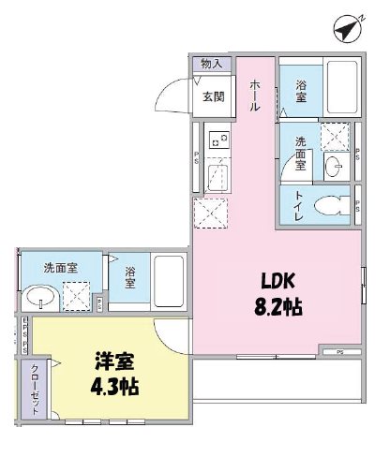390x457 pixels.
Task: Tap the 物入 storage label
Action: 211,64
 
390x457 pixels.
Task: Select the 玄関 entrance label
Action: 212,96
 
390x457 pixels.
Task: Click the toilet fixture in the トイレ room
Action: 329,206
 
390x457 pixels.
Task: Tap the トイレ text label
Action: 298,205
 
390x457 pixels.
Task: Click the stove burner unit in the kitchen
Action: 219,141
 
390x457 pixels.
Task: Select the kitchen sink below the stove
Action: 217,174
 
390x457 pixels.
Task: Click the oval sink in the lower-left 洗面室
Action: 38,297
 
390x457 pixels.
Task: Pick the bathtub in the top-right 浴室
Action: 340,88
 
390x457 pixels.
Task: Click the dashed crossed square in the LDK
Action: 209,214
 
